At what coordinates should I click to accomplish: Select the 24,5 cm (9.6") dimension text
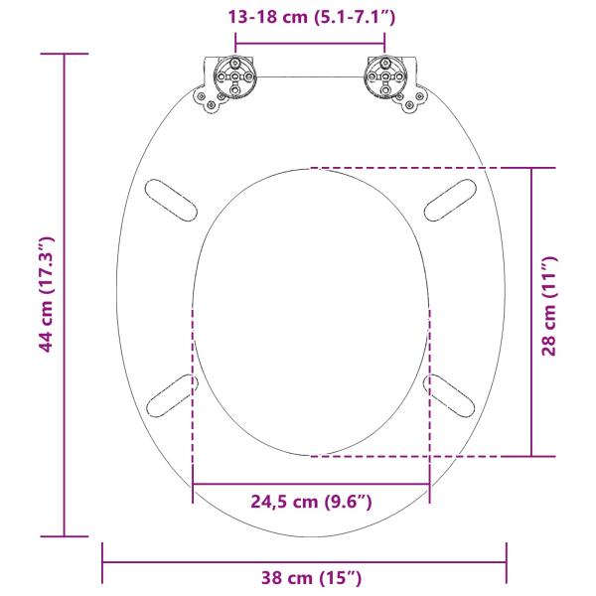click(311, 503)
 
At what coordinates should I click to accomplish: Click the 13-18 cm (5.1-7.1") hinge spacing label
click(310, 17)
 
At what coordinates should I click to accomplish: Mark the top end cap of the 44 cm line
click(64, 54)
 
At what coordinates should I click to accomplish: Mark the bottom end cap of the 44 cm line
click(64, 536)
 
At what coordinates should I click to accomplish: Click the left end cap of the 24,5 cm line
click(193, 484)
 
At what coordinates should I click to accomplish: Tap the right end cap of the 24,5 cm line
click(430, 484)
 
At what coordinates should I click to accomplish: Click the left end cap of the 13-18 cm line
click(235, 41)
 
